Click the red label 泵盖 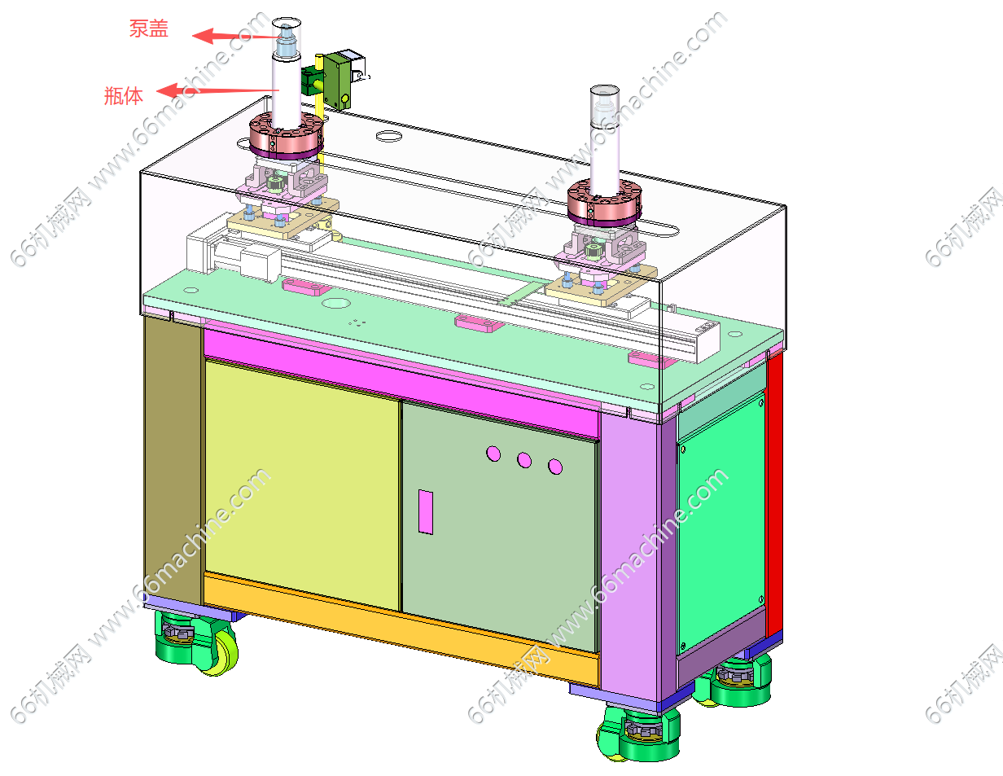(149, 28)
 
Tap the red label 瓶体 (123, 96)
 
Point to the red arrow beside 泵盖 (239, 36)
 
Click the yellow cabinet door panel (302, 484)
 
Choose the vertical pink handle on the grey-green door (426, 512)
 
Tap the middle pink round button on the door (524, 460)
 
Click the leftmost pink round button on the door (493, 454)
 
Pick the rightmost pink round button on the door (555, 467)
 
